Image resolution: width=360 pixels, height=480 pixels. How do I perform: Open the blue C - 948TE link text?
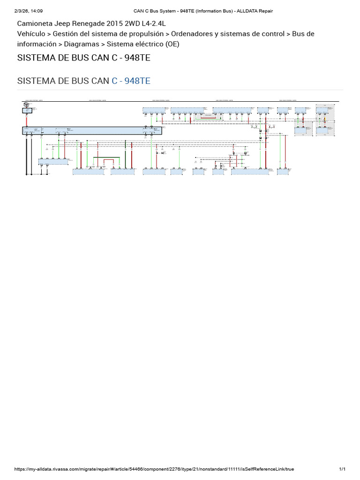point(131,81)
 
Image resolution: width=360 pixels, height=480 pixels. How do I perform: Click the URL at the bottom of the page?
point(154,469)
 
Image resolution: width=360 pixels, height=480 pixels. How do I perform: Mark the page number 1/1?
point(342,469)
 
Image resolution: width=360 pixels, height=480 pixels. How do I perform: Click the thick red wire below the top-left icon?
point(27,120)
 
